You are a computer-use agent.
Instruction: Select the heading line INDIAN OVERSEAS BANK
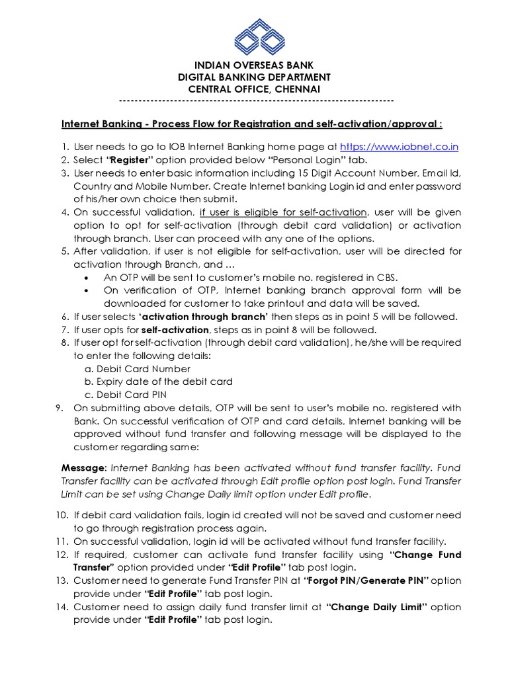click(255, 65)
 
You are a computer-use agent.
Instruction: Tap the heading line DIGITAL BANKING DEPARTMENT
click(255, 77)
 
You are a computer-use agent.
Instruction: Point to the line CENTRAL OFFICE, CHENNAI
click(255, 89)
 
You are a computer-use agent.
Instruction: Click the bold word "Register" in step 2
click(131, 160)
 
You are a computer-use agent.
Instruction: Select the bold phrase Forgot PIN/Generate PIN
click(366, 580)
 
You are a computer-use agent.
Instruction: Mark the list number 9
click(57, 408)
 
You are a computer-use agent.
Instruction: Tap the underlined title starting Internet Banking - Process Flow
click(251, 124)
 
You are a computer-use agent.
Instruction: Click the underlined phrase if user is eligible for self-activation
click(283, 212)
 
